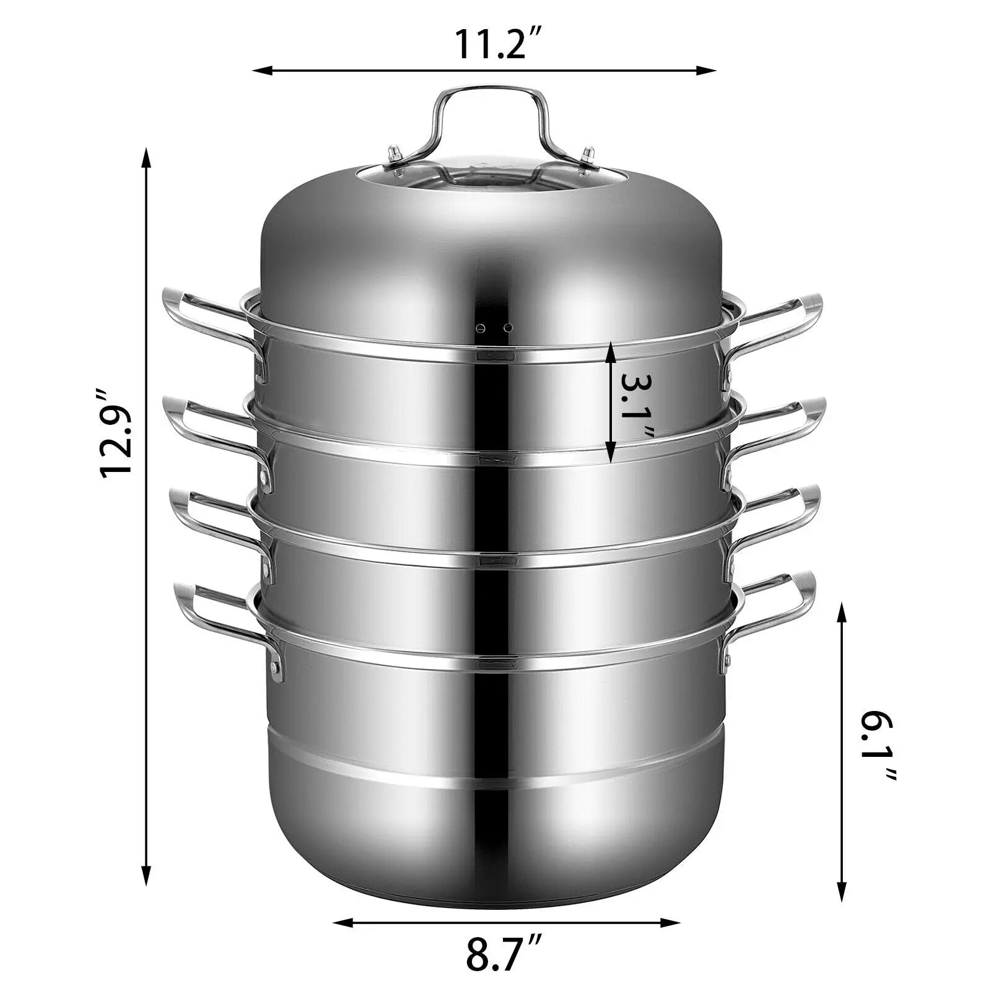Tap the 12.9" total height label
click(117, 432)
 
